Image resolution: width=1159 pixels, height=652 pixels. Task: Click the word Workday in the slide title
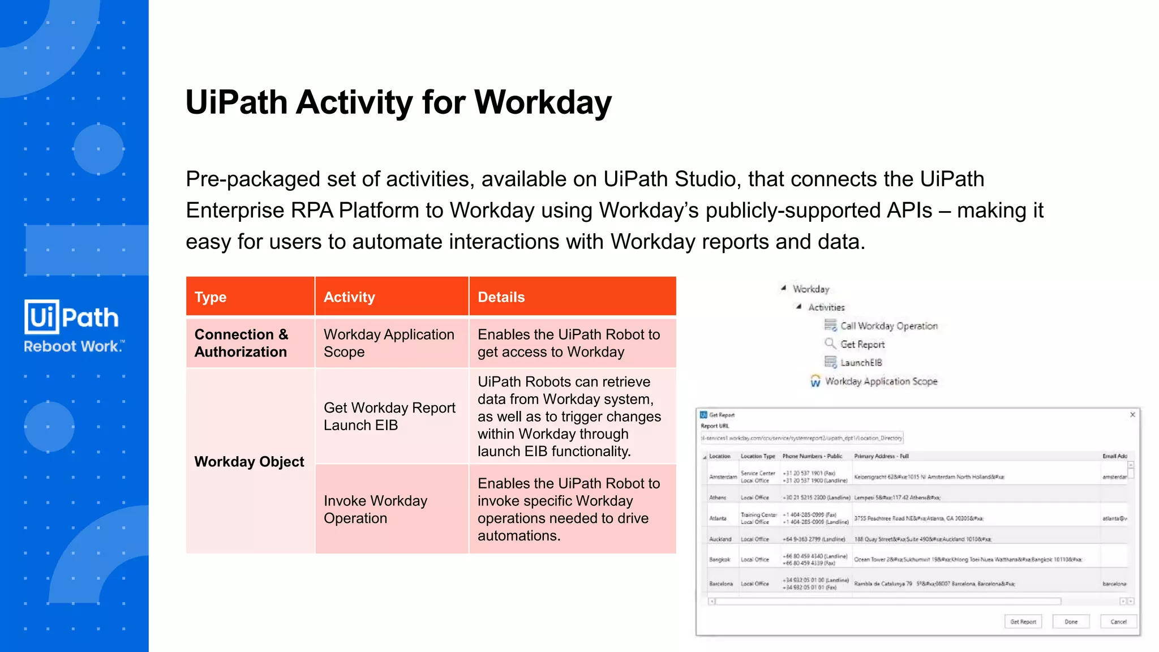tap(543, 102)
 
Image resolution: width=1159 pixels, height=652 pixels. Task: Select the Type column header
tap(211, 297)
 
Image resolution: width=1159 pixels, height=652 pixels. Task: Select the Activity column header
tap(349, 297)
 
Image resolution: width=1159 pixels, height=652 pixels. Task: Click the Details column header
tap(501, 297)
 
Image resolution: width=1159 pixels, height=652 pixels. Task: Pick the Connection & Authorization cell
tap(242, 343)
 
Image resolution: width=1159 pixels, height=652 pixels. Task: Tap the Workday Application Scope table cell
tap(389, 343)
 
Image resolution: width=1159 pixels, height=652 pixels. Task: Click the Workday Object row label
tap(249, 461)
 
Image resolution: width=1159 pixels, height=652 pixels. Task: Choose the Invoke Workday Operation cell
tap(375, 509)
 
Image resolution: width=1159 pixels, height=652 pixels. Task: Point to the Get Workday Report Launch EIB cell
tap(389, 417)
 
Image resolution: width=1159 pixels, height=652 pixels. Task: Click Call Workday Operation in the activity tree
tap(888, 326)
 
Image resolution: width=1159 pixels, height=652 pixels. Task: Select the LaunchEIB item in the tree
tap(861, 363)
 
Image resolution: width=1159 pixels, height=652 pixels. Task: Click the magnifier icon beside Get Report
tap(830, 344)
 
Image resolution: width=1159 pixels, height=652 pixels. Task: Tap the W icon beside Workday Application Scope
tap(815, 381)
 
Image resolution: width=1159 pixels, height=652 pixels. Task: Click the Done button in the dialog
tap(1071, 621)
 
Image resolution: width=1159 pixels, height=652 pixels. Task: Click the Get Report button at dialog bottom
tap(1023, 621)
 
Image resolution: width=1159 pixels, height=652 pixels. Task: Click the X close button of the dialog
tap(1132, 415)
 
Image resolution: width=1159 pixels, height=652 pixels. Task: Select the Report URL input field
tap(801, 438)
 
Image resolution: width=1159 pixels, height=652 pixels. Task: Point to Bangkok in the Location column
tap(719, 559)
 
